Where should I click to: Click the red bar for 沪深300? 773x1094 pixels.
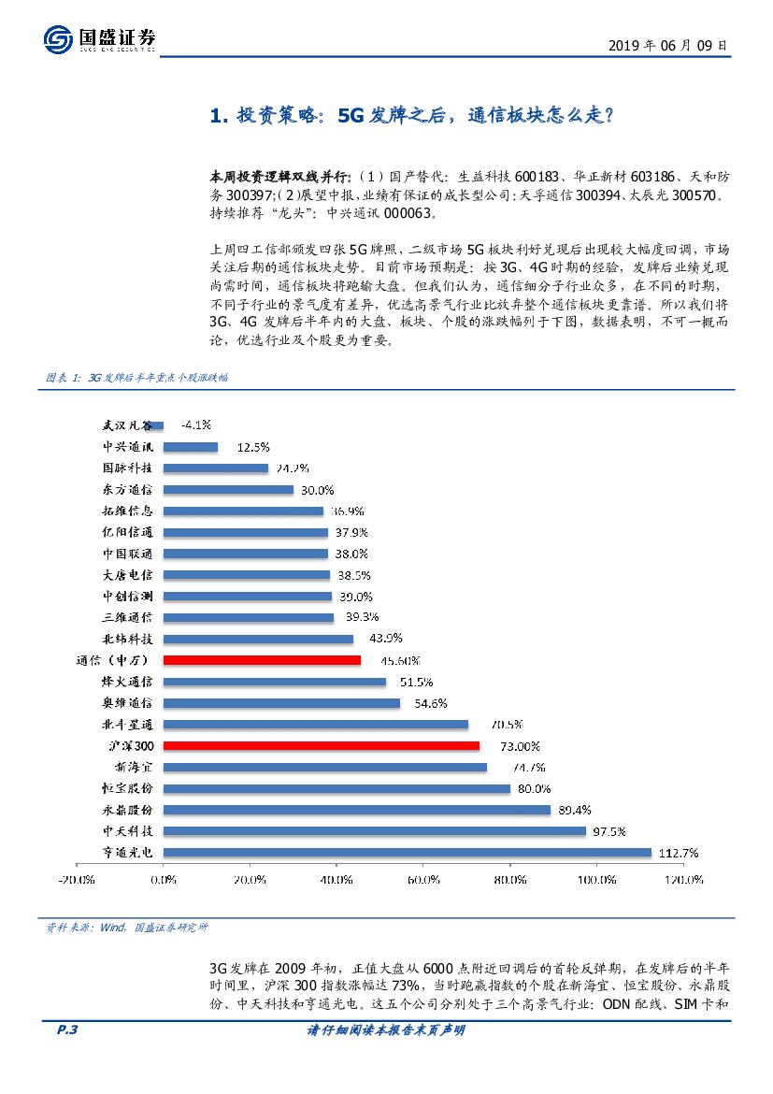tap(322, 746)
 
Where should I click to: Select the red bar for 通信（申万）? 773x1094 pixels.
tap(262, 660)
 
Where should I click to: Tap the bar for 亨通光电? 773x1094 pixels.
tap(408, 852)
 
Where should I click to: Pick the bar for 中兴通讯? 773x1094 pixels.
tap(191, 447)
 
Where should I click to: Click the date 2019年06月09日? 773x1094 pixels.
tap(667, 45)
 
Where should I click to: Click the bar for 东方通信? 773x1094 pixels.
tap(228, 490)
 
